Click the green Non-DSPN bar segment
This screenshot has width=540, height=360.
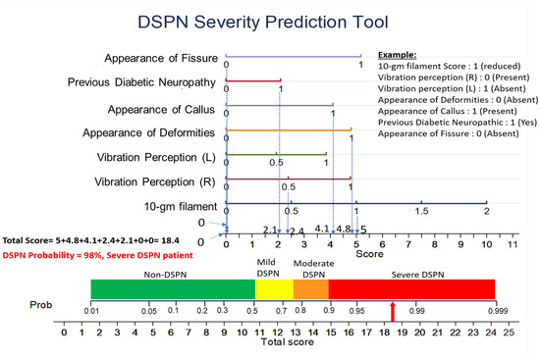173,288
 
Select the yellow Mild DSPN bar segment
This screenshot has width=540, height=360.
274,288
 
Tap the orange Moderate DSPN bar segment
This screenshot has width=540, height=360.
310,288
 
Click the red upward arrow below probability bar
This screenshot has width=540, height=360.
394,311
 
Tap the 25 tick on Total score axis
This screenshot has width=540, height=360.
508,334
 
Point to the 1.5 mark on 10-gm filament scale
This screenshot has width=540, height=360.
421,211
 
